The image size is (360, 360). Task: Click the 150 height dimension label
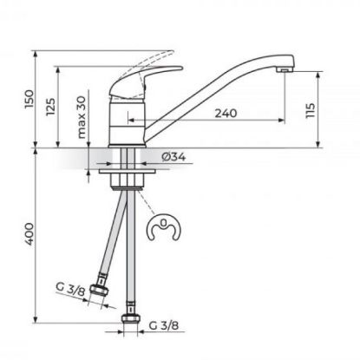[x=29, y=99]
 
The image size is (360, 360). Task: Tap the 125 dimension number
[x=50, y=107]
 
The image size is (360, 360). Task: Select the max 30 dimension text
[x=82, y=117]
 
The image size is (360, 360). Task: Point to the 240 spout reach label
[x=226, y=113]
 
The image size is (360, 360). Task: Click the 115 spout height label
[x=310, y=110]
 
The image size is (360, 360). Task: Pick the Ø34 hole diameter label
[x=173, y=157]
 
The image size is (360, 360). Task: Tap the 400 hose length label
[x=29, y=234]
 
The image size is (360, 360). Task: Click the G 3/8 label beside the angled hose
[x=70, y=289]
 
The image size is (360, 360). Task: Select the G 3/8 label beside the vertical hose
[x=164, y=325]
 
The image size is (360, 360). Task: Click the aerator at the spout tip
[x=284, y=70]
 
